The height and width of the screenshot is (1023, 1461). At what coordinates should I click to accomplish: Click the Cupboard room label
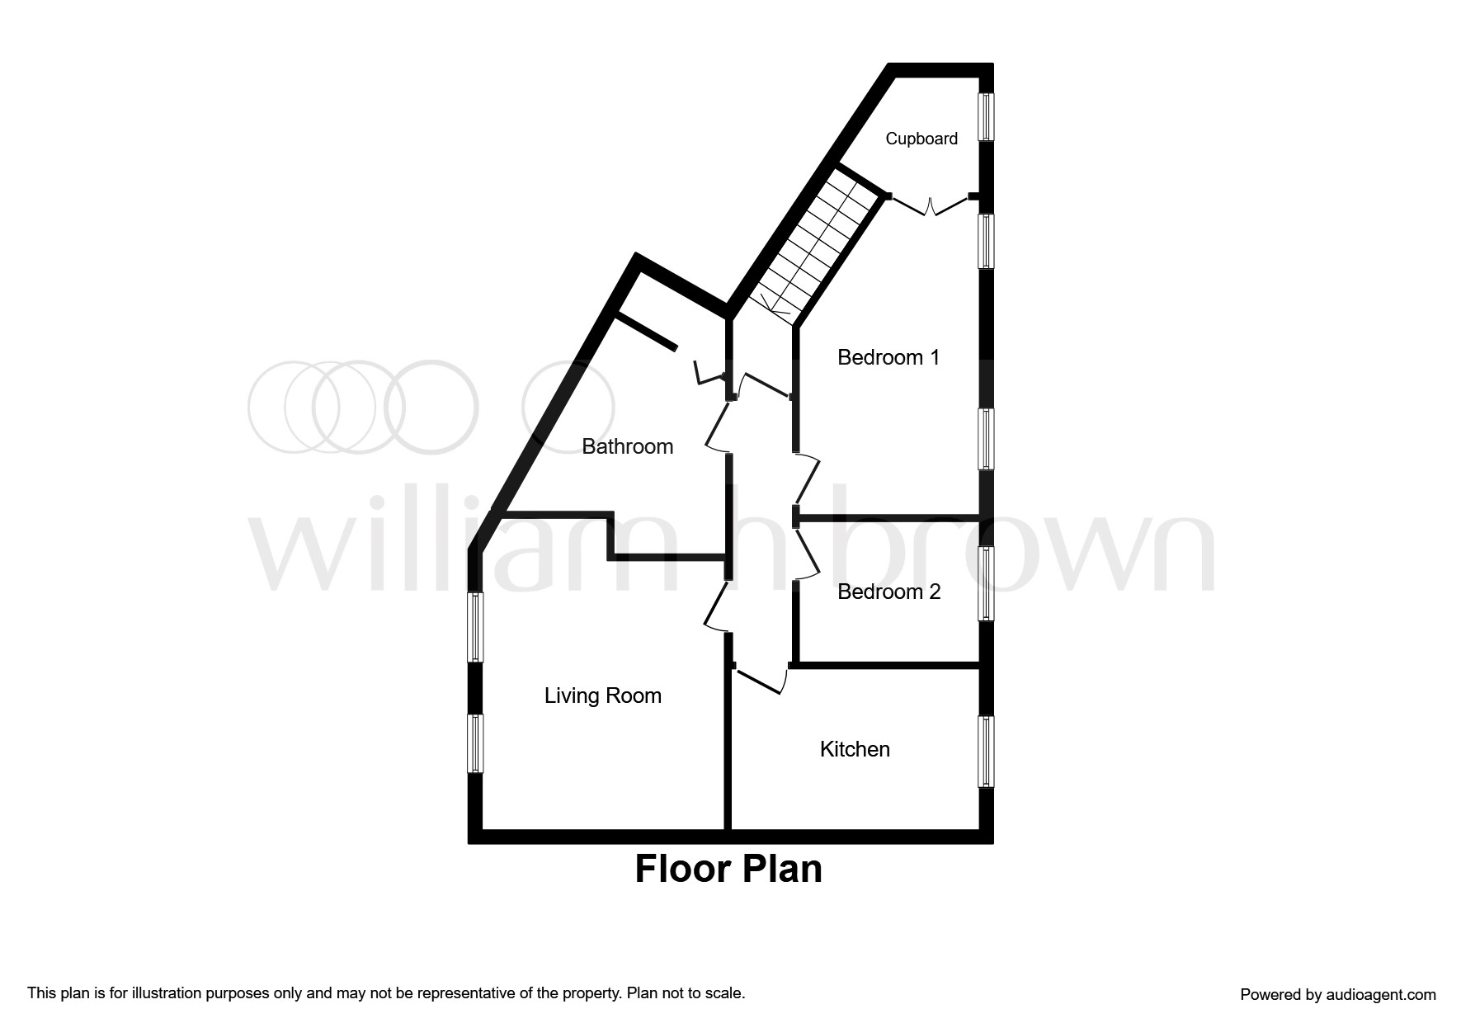pos(921,139)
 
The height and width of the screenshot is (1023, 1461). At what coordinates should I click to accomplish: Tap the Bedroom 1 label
pos(888,357)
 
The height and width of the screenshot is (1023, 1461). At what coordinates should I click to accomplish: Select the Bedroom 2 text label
pos(888,592)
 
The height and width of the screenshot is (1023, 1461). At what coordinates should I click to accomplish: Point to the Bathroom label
pos(627,446)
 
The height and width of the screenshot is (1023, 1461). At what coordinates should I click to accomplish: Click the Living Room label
pos(602,695)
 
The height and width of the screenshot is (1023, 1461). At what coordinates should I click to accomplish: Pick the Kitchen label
pos(855,749)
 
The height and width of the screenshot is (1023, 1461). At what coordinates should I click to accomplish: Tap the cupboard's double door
pos(931,206)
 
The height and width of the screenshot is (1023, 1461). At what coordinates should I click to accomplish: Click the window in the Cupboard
pos(986,116)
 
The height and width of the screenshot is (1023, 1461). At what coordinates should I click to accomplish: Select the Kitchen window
pos(986,752)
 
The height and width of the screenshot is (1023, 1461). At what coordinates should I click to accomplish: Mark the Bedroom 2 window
pos(986,582)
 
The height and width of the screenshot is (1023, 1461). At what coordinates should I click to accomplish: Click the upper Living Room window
pos(475,627)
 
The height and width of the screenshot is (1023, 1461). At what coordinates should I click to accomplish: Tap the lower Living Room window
pos(475,743)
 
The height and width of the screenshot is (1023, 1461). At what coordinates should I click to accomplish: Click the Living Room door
pos(716,607)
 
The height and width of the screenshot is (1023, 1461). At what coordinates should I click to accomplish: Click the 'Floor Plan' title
pos(728,870)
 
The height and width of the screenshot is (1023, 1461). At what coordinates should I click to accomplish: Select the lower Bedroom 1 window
pos(986,439)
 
